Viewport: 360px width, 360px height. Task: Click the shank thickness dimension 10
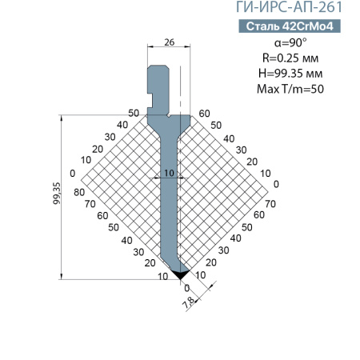pyautogui.click(x=169, y=172)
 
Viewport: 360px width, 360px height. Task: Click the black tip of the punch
pyautogui.click(x=182, y=273)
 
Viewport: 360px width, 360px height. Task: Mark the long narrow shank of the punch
pyautogui.click(x=168, y=208)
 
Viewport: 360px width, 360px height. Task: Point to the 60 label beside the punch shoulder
pyautogui.click(x=204, y=113)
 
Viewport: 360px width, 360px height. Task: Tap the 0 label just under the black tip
pyautogui.click(x=187, y=288)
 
